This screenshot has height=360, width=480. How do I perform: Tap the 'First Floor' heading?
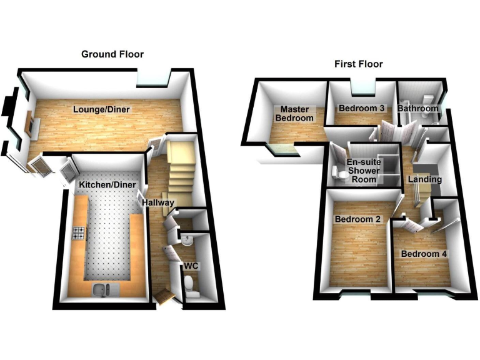tap(358, 64)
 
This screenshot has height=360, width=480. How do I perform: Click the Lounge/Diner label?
tap(101, 109)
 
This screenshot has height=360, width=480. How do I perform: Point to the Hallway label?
tap(157, 202)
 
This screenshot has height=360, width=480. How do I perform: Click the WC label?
tap(191, 266)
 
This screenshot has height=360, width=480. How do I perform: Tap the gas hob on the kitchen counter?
tap(79, 234)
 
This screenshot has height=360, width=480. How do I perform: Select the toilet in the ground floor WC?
tap(191, 287)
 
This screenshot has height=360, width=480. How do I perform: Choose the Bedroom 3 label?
tap(361, 108)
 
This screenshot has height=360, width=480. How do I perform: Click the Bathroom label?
tap(418, 108)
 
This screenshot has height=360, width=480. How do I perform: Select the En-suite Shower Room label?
tap(362, 170)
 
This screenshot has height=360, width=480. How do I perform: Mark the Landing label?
tap(425, 179)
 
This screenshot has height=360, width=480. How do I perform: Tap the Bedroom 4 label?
tap(424, 254)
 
